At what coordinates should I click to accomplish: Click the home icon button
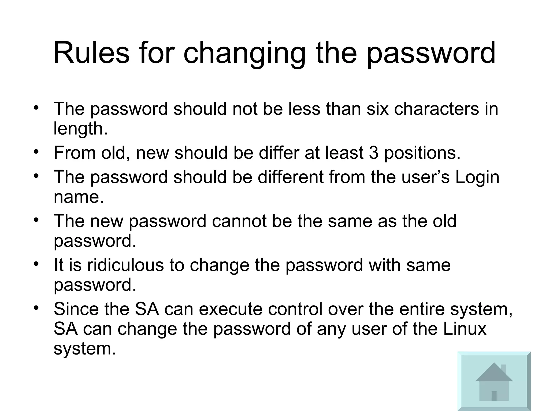point(494,381)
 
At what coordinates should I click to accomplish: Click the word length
point(80,129)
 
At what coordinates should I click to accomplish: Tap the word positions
point(422,153)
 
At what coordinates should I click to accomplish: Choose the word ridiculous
point(125,265)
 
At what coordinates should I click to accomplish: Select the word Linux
point(464,329)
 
